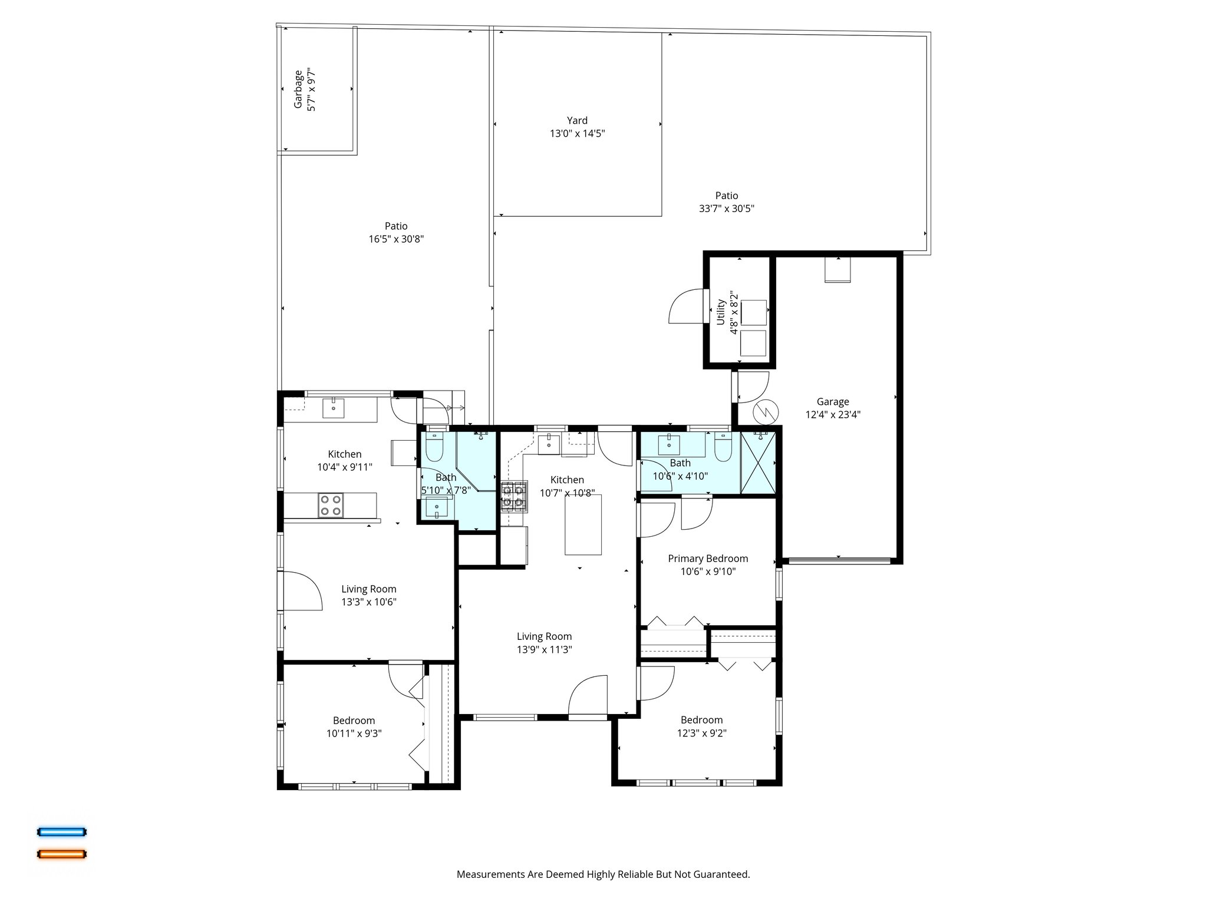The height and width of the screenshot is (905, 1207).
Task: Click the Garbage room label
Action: point(298,90)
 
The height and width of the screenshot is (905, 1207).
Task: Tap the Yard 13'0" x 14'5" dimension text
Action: point(577,134)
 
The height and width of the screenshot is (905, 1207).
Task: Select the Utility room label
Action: point(721,312)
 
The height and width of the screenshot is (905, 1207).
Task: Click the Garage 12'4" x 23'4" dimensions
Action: point(833,415)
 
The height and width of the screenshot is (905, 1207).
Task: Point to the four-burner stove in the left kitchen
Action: point(331,506)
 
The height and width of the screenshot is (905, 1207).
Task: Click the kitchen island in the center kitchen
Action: point(583,524)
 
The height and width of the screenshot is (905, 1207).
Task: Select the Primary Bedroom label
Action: point(707,559)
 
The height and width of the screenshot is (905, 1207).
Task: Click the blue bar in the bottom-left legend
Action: point(62,832)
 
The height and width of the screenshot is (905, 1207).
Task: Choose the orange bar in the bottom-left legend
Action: point(62,854)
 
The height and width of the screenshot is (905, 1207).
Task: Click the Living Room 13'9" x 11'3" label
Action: point(544,643)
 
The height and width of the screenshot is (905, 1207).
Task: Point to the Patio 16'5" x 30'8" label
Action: point(396,232)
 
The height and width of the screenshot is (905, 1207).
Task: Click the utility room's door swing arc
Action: point(684,306)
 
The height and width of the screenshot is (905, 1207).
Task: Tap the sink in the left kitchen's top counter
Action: point(334,408)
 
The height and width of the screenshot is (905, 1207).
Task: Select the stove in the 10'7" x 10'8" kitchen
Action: point(513,496)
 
